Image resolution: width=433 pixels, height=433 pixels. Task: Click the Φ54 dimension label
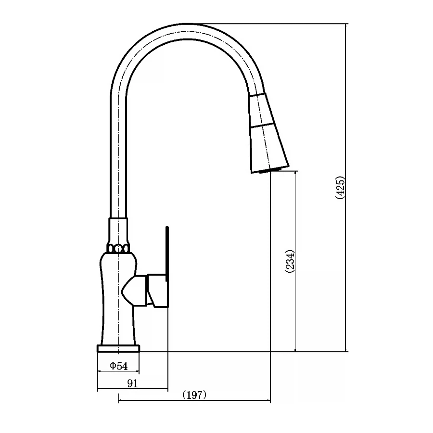click(119, 366)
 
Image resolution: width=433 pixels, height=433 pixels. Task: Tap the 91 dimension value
click(133, 383)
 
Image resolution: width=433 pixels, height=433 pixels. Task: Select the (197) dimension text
click(194, 395)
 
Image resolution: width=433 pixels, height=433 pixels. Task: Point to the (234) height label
click(290, 262)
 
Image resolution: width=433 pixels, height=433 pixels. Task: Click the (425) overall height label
click(340, 188)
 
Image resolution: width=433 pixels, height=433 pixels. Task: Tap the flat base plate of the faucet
click(118, 348)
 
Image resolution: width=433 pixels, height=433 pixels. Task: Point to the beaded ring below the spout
click(118, 249)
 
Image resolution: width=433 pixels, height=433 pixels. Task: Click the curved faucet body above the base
click(118, 298)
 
